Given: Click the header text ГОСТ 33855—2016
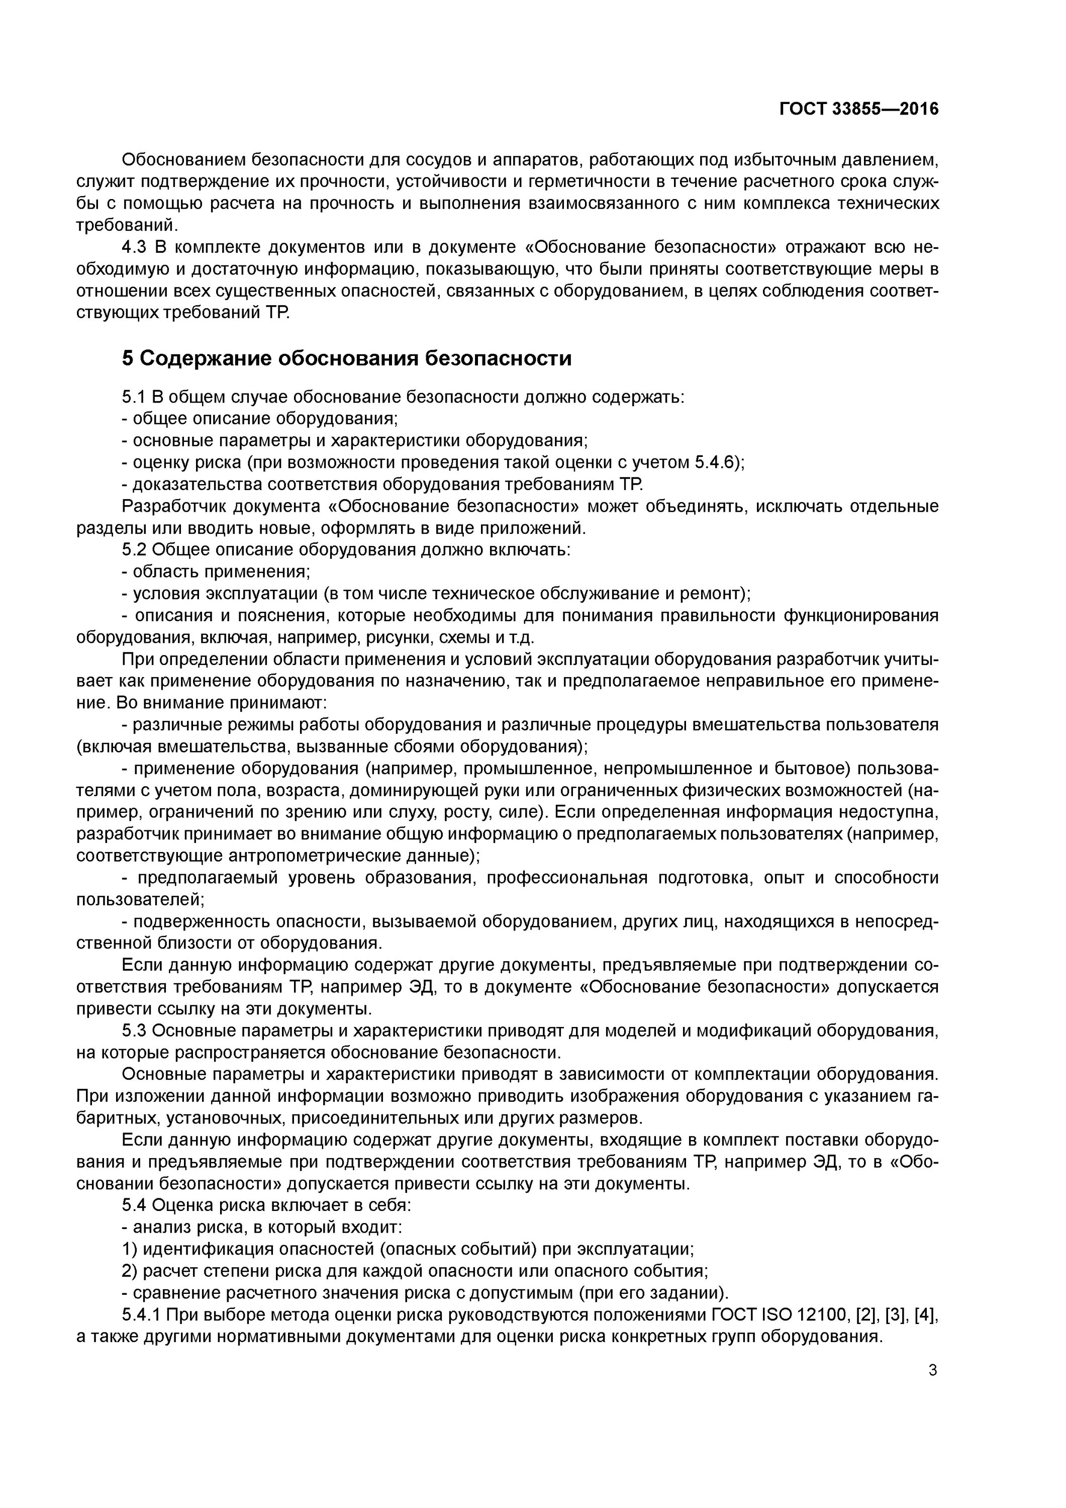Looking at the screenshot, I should coord(858,109).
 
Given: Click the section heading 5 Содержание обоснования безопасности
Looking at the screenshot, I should coord(347,358).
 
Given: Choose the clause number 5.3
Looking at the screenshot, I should coord(134,1030).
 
